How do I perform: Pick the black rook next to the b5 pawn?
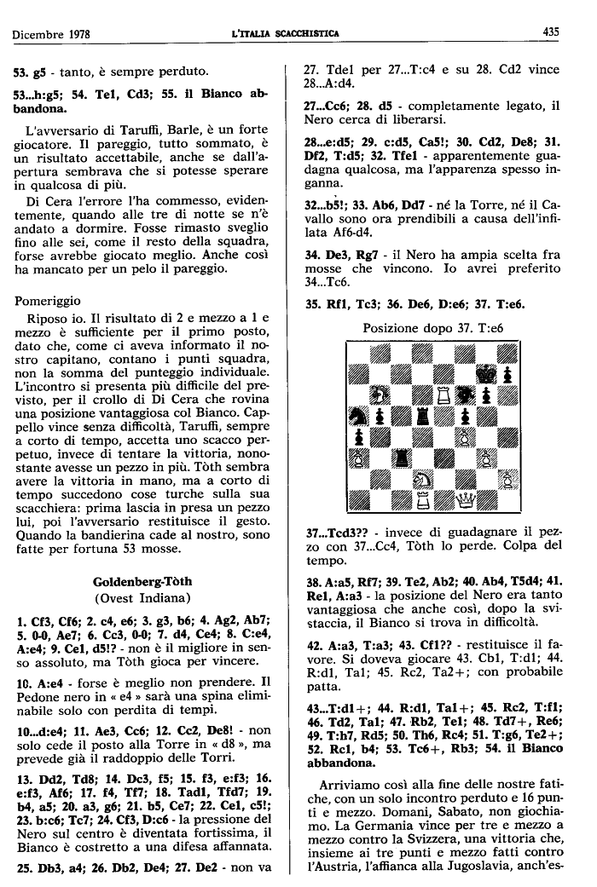[x=422, y=417]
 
